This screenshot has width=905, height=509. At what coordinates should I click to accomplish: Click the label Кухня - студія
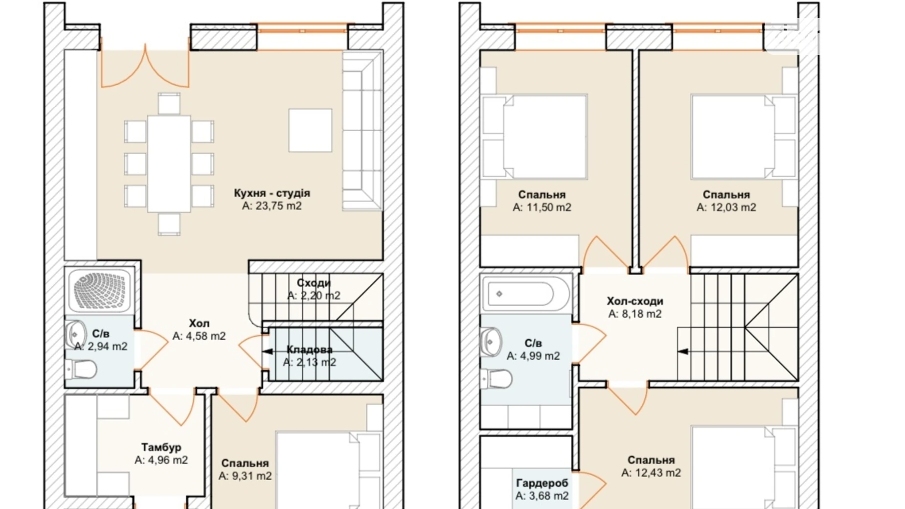click(271, 193)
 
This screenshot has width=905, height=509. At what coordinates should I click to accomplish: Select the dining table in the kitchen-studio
click(169, 163)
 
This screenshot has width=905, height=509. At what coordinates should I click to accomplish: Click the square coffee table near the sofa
click(310, 130)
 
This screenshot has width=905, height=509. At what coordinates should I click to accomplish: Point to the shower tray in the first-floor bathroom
click(100, 290)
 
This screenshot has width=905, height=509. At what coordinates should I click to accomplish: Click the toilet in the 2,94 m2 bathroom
click(80, 369)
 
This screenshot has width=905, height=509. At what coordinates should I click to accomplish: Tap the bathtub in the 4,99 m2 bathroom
click(525, 294)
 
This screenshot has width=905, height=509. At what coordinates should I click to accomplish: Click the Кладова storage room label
click(309, 349)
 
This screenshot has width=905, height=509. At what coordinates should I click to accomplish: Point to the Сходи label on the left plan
click(314, 283)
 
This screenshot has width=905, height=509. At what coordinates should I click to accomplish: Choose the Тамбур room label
click(161, 447)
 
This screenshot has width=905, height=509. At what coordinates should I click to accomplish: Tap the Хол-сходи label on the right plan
click(635, 301)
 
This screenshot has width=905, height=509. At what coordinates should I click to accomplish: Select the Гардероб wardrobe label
click(542, 483)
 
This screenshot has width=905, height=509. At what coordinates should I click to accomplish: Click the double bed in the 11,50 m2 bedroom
click(535, 137)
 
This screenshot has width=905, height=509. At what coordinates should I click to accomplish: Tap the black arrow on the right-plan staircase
click(683, 351)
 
